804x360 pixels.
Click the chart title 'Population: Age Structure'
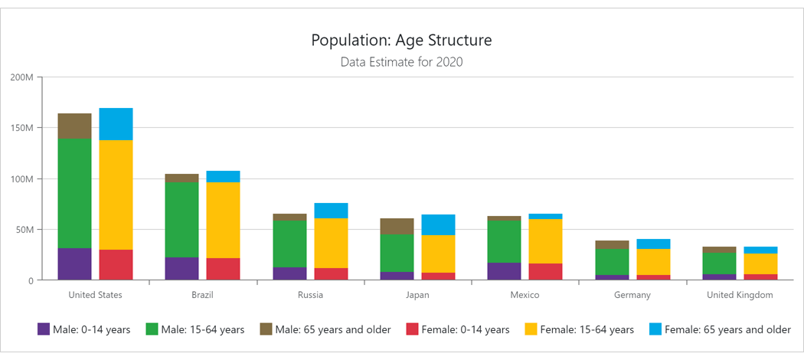tap(401, 40)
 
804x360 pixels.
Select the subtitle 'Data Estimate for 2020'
tap(401, 62)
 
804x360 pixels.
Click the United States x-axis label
tap(95, 295)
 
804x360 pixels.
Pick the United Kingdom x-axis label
tap(739, 295)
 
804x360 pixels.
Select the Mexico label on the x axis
tap(525, 295)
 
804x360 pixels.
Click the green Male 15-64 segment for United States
tap(74, 193)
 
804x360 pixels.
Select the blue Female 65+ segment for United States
tap(116, 124)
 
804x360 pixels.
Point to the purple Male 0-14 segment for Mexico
tap(504, 271)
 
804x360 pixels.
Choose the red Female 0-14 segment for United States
tap(116, 264)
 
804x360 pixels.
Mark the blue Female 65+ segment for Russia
tap(331, 211)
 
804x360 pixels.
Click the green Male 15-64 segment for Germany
tap(611, 262)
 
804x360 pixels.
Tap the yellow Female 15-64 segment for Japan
tap(438, 254)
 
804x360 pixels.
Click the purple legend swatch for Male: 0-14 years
tap(44, 329)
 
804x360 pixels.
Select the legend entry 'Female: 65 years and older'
tap(727, 329)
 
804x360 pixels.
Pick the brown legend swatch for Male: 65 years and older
tap(266, 329)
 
